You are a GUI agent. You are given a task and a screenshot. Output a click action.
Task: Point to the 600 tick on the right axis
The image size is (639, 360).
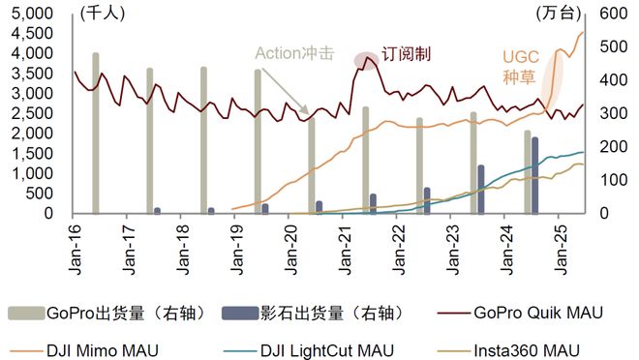[609, 14]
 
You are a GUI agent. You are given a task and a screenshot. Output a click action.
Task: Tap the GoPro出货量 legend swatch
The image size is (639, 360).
[27, 313]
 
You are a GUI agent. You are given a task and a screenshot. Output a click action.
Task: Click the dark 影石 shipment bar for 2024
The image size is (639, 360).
[535, 175]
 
